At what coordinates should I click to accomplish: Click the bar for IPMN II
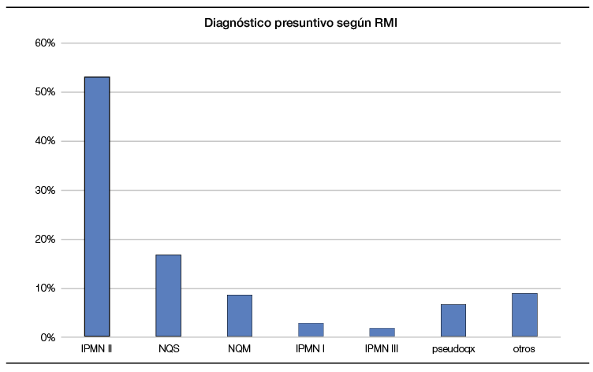[97, 206]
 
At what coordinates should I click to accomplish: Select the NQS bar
[168, 296]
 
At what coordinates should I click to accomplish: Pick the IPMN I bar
[311, 330]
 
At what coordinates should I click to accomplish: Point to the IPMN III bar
[382, 333]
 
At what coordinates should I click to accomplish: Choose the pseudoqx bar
[453, 321]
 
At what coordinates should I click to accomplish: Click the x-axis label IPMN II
[97, 348]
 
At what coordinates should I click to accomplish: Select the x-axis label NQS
[168, 348]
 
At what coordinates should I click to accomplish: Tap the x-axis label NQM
[240, 348]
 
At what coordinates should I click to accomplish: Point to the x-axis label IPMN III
[382, 348]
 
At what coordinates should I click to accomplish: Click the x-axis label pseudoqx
[453, 348]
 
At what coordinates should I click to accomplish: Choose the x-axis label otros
[524, 348]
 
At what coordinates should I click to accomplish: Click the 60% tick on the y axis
[45, 43]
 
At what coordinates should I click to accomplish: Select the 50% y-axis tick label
[45, 92]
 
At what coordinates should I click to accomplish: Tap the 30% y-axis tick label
[45, 190]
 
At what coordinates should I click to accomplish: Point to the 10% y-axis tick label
[45, 288]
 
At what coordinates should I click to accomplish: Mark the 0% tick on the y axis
[47, 337]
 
